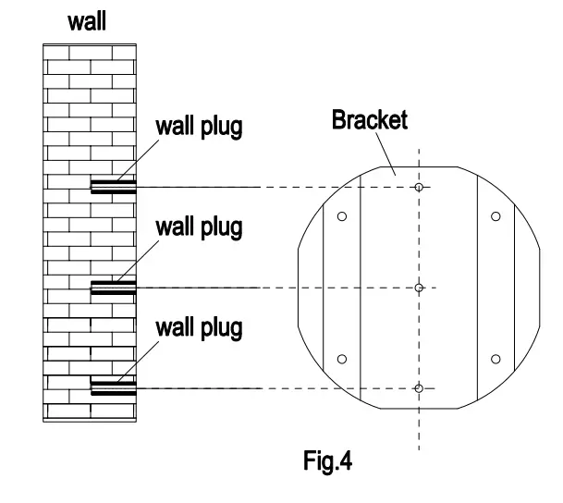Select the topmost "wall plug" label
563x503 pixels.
(198, 127)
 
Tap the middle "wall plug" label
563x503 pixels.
(198, 227)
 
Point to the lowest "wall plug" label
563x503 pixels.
(198, 326)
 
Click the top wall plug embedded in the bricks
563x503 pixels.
(113, 187)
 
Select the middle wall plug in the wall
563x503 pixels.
(113, 288)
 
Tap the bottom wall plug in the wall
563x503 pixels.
(113, 387)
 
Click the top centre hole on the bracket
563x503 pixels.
(419, 188)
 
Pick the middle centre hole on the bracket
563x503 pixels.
(419, 288)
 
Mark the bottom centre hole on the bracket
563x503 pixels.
(419, 388)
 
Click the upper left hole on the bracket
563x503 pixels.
(342, 216)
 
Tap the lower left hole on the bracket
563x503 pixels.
(342, 359)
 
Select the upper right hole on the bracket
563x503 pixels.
(496, 216)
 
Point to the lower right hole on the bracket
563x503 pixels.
(496, 359)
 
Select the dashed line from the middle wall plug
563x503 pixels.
(277, 288)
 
